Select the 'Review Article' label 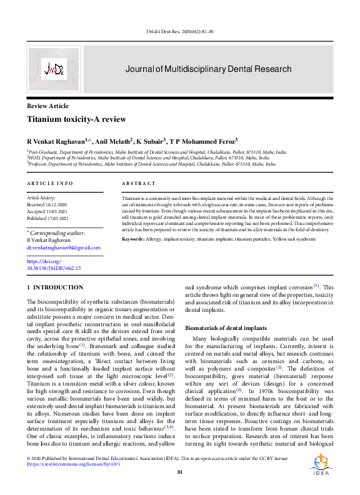47,107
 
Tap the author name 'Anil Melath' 112,141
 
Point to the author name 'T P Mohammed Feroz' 202,141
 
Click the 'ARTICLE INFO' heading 49,183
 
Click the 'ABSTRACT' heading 139,183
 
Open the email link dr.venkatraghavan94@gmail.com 63,247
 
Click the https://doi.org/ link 43,261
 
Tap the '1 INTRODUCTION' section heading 51,287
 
